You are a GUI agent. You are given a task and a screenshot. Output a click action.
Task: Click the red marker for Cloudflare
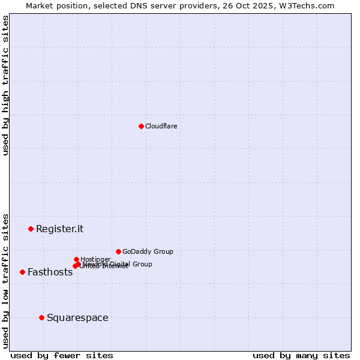pos(141,126)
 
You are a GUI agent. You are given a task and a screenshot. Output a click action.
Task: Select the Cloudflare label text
pos(161,126)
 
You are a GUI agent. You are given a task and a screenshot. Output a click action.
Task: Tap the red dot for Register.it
pos(31,229)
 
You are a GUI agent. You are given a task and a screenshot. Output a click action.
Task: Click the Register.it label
pos(59,229)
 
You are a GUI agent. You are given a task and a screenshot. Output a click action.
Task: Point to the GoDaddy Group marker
pos(118,251)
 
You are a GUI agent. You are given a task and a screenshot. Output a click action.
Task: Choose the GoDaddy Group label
pos(148,251)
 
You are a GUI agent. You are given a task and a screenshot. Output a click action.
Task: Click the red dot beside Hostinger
pos(76,259)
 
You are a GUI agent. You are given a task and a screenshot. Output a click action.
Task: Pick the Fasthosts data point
pos(22,272)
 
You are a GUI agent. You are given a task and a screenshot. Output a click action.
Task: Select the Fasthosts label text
pos(50,272)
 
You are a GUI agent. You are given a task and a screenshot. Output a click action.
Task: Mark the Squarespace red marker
pos(41,317)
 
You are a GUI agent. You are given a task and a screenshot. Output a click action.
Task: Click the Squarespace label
pos(77,317)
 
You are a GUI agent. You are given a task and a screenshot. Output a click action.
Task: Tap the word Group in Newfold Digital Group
pos(142,264)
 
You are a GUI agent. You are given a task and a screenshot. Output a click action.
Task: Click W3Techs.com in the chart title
pos(309,5)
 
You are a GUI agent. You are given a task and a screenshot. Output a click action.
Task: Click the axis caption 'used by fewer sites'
pos(62,355)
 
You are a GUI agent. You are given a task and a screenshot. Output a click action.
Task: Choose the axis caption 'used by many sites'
pos(301,355)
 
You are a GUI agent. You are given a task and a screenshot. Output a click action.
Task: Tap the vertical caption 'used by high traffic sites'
pos(5,85)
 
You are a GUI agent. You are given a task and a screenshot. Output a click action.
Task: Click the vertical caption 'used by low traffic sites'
pos(5,280)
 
